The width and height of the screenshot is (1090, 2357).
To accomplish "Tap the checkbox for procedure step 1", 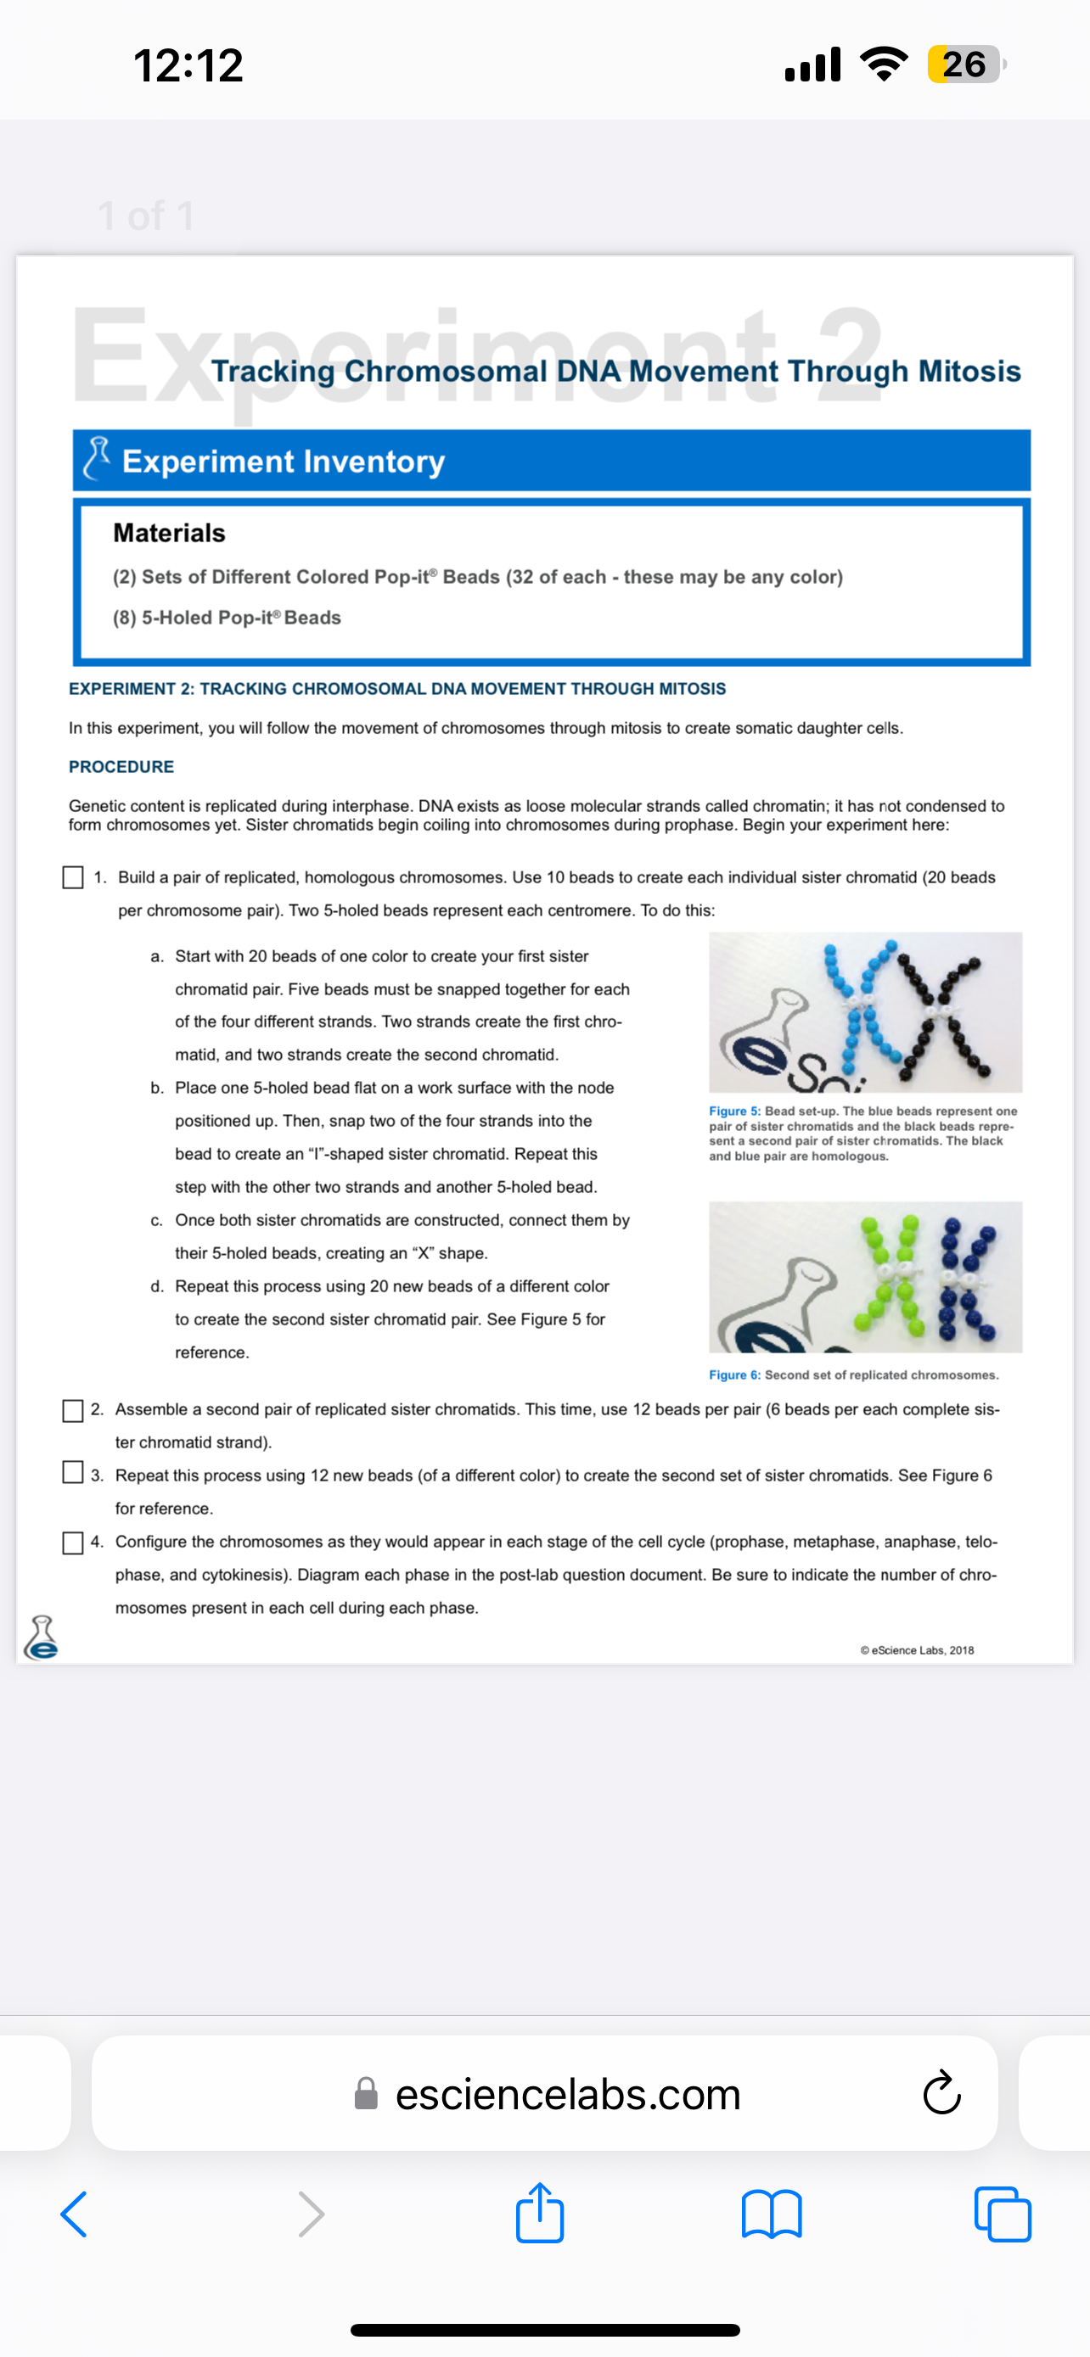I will [73, 876].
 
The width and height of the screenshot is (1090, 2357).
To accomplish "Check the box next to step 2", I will [73, 1410].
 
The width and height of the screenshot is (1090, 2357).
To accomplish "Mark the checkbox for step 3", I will [73, 1471].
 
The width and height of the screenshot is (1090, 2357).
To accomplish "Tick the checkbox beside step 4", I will [73, 1542].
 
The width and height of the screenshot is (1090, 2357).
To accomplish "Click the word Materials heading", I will [169, 533].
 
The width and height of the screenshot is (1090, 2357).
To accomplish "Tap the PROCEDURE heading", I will [121, 767].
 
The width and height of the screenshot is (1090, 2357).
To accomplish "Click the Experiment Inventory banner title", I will [284, 462].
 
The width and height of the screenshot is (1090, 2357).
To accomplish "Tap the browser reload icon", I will [941, 2093].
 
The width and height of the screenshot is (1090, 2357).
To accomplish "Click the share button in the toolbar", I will [540, 2214].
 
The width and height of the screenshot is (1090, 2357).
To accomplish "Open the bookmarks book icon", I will [772, 2214].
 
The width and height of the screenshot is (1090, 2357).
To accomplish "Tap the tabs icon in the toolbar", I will [1003, 2214].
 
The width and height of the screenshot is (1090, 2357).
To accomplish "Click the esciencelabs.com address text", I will [567, 2093].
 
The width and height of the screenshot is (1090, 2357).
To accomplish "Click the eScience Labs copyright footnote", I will [917, 1649].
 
